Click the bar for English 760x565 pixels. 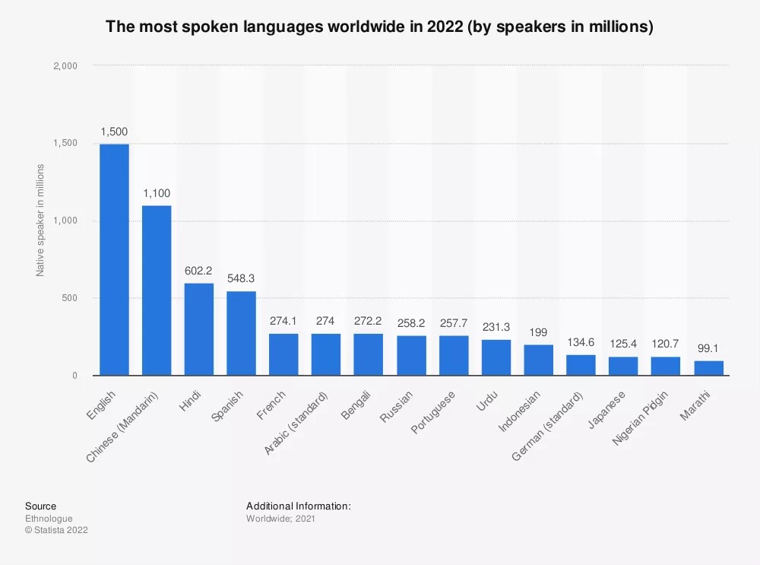[x=114, y=259]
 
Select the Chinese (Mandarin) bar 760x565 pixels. [x=157, y=290]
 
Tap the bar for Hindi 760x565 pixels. [x=199, y=329]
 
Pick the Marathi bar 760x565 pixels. [x=708, y=368]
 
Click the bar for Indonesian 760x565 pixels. [x=538, y=360]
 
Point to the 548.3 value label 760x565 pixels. [x=242, y=278]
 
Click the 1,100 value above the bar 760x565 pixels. [x=157, y=192]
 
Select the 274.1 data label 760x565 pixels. [x=283, y=320]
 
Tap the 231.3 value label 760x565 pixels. [x=496, y=326]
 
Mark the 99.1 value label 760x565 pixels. [x=708, y=348]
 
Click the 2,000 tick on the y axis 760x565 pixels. [x=65, y=66]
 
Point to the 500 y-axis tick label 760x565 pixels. [x=70, y=298]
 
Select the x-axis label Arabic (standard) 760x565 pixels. [x=297, y=423]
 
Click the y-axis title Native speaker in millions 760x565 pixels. [x=40, y=220]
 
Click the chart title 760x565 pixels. [x=379, y=27]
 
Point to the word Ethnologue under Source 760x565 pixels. [x=49, y=518]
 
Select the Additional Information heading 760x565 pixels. [x=298, y=506]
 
